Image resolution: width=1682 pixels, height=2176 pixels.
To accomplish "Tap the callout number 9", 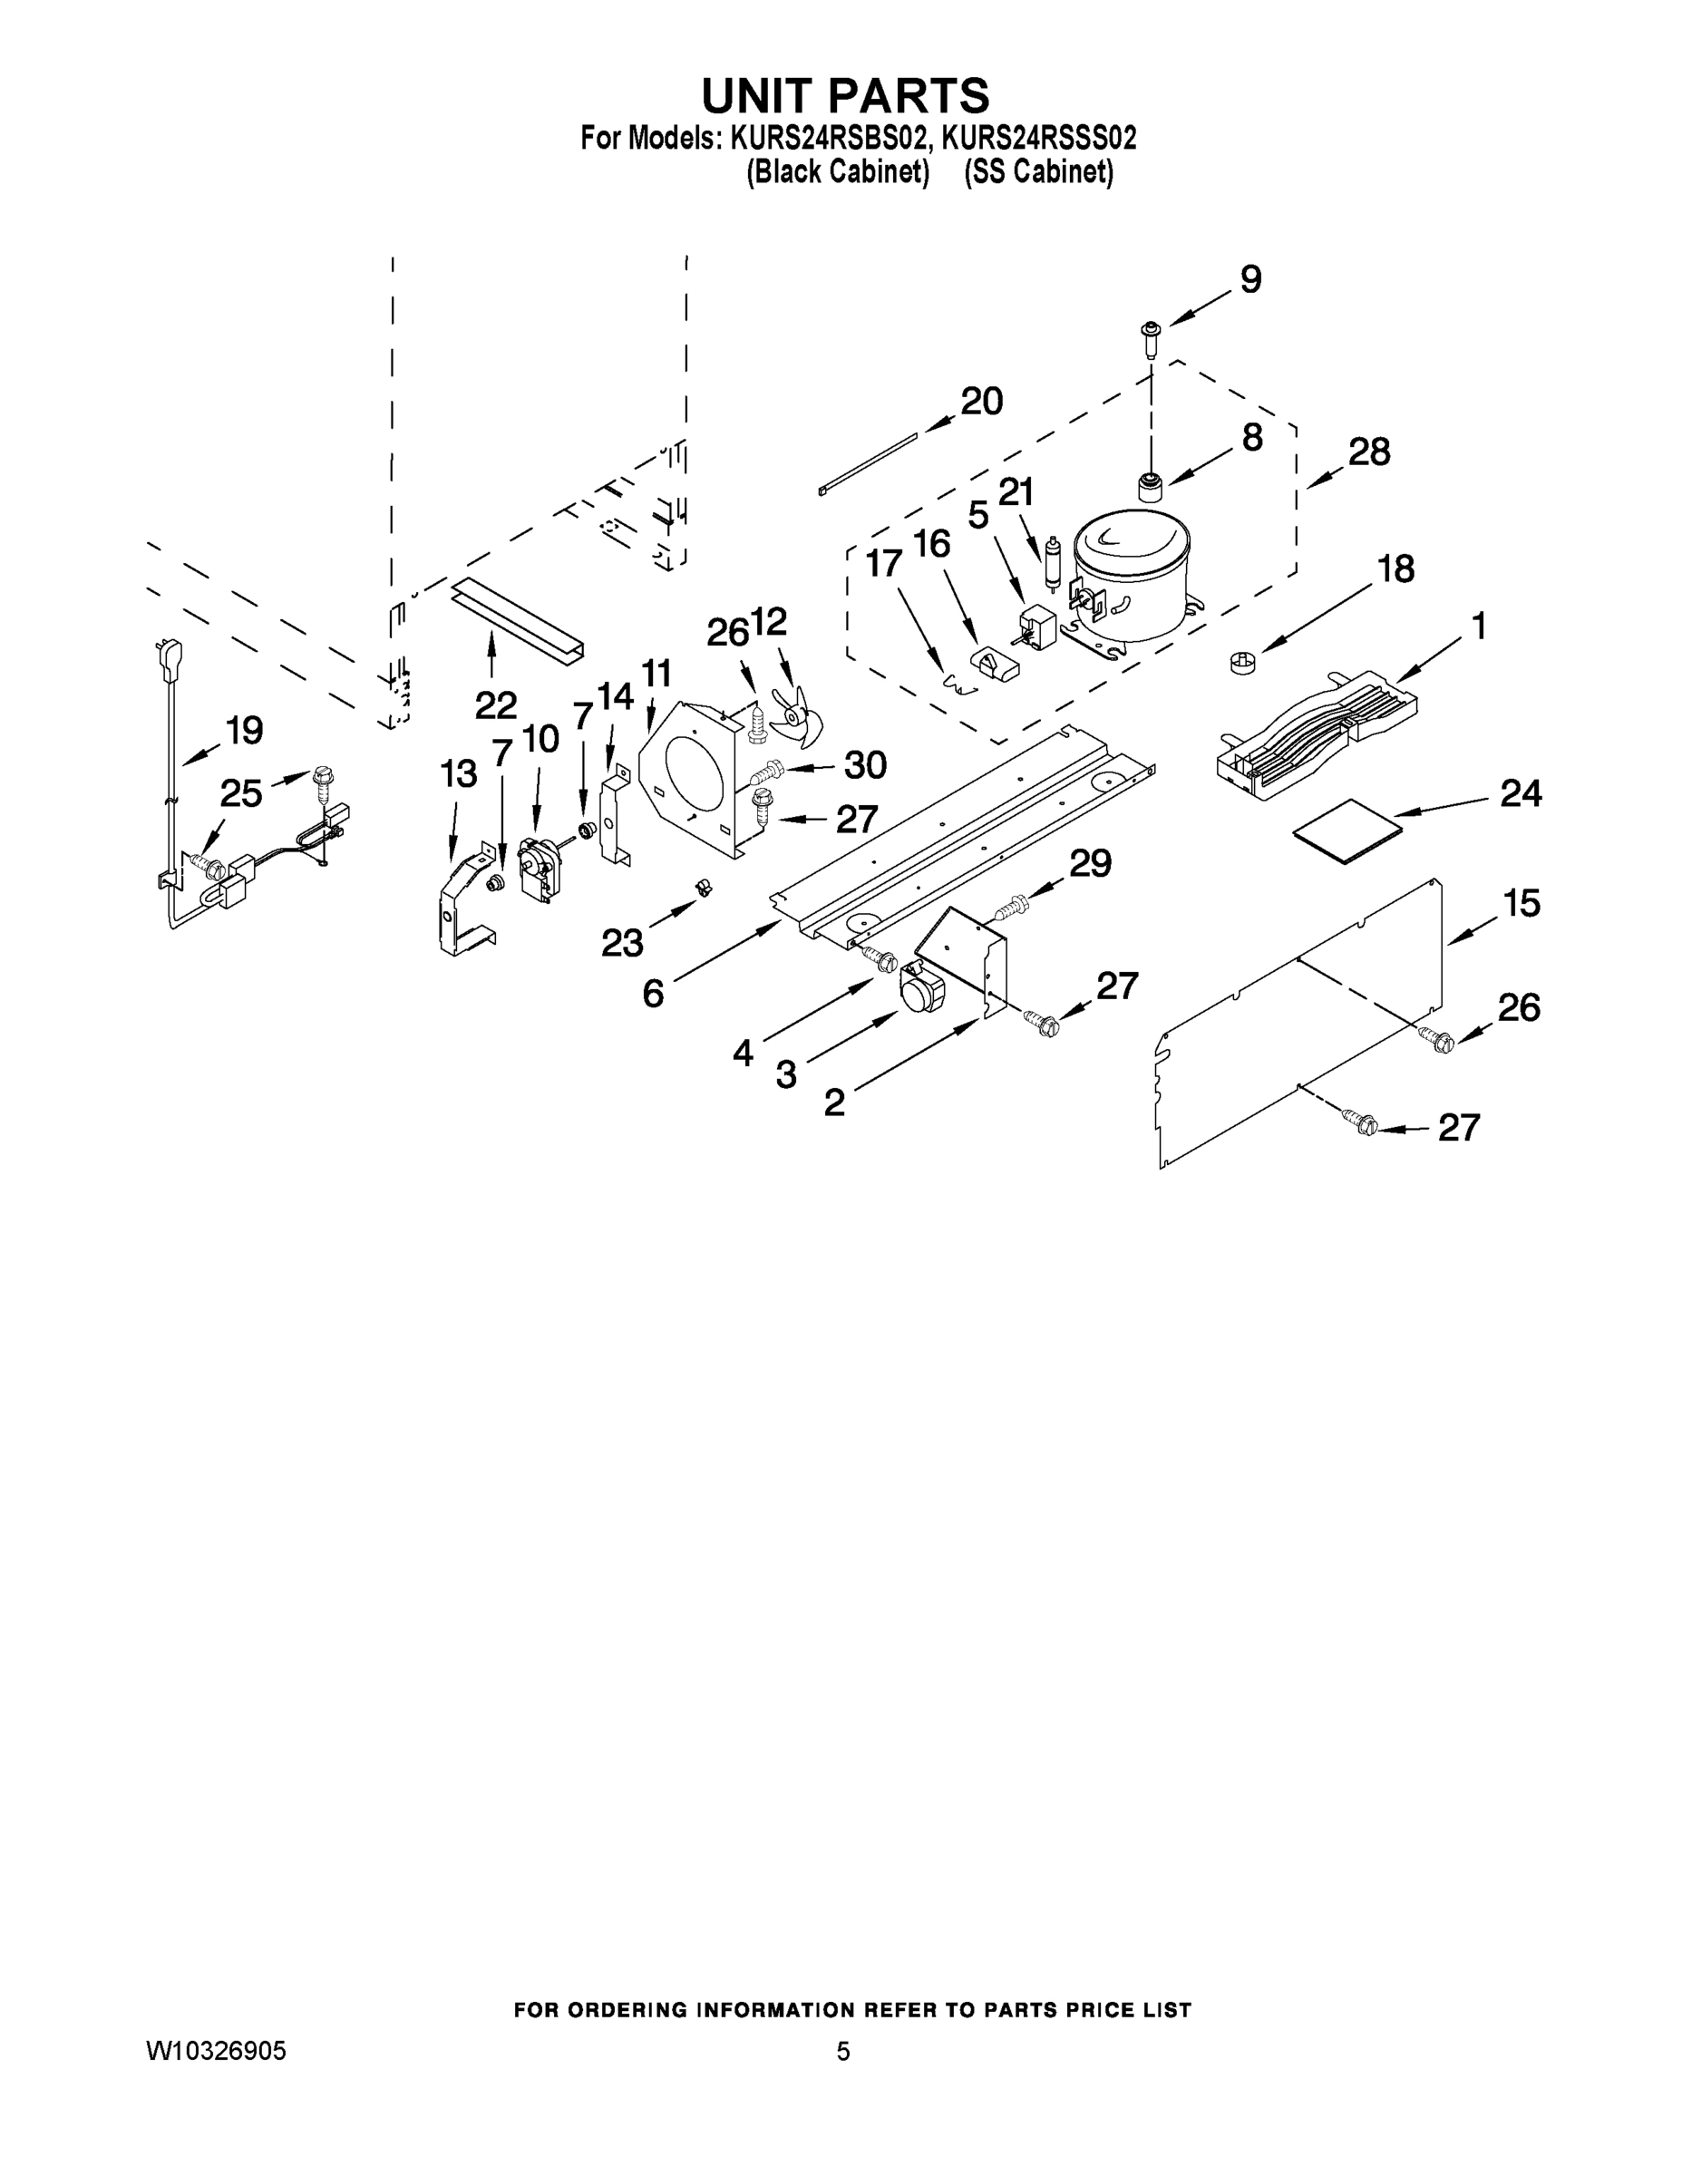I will pyautogui.click(x=1250, y=280).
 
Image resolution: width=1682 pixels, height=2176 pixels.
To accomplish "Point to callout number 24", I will pyautogui.click(x=1521, y=794).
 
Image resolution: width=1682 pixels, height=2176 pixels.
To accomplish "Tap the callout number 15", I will pyautogui.click(x=1522, y=904).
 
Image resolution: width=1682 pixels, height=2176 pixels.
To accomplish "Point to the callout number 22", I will pyautogui.click(x=495, y=705).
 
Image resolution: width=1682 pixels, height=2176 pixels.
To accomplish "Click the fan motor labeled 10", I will pyautogui.click(x=538, y=869).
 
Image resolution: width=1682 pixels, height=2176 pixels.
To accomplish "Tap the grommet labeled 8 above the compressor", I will pyautogui.click(x=1151, y=488).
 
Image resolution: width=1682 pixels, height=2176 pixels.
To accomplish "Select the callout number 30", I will pyautogui.click(x=865, y=765).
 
